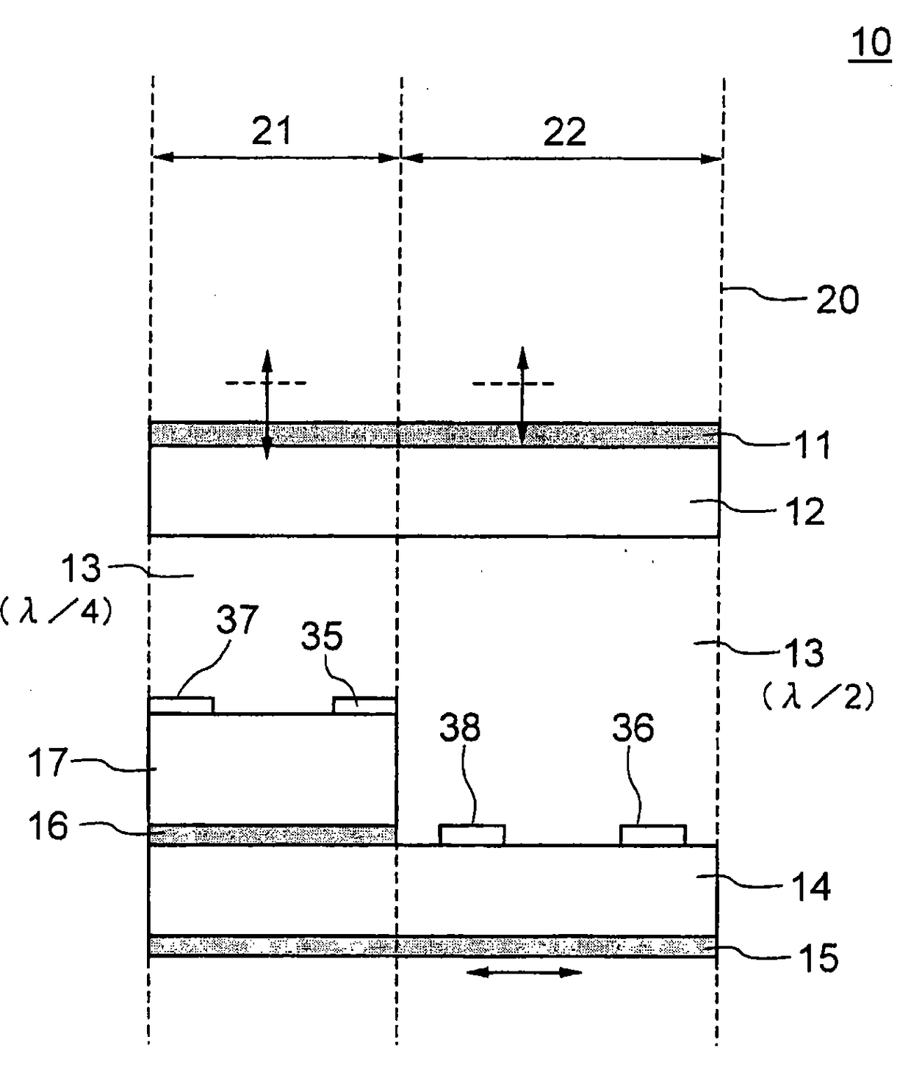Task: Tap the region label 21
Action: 272,131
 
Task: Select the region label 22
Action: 564,132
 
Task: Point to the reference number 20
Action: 837,299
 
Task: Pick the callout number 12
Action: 804,511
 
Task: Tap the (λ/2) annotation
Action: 818,697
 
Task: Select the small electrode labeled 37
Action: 181,705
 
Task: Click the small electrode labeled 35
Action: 364,705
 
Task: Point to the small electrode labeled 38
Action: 472,835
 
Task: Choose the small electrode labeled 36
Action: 653,835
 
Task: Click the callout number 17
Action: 48,763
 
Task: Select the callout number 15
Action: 818,958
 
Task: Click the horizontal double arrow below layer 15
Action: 524,973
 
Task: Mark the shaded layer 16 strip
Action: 273,835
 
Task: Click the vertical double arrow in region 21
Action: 267,404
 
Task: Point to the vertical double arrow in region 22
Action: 522,395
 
